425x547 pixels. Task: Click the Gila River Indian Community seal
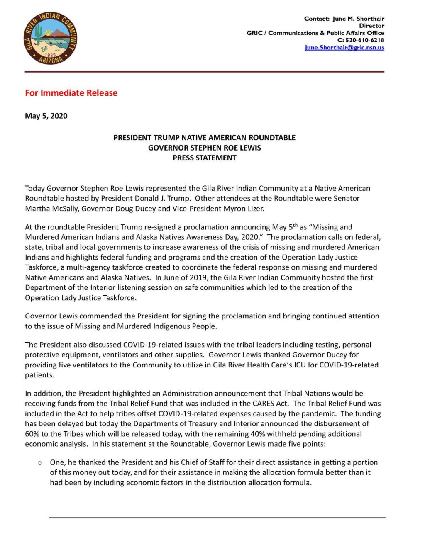[50, 38]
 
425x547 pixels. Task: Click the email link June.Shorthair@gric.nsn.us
[344, 48]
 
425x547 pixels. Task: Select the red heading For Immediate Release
[71, 93]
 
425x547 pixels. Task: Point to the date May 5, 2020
[46, 116]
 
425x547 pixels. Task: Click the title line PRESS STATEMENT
[204, 158]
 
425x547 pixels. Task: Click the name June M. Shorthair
[358, 19]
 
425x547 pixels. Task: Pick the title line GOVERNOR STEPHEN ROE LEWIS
[204, 148]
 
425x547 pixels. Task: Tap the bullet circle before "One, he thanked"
[40, 463]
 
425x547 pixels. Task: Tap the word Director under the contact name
[371, 26]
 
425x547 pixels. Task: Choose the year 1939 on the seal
[50, 54]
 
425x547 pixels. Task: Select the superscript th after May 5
[295, 225]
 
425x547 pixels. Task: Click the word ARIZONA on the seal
[51, 60]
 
